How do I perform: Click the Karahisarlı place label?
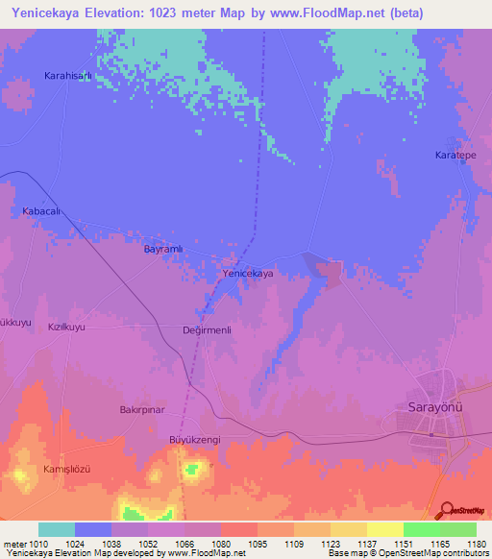(x=67, y=75)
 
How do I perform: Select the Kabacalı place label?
(x=41, y=210)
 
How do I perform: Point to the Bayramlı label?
(x=162, y=249)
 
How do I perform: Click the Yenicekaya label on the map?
(x=248, y=274)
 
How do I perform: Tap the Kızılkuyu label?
(x=67, y=328)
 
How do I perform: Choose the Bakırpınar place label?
(x=142, y=409)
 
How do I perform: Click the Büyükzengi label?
(x=195, y=439)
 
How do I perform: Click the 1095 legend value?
(x=257, y=543)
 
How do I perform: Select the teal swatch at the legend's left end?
(x=56, y=529)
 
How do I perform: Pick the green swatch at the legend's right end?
(x=457, y=529)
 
